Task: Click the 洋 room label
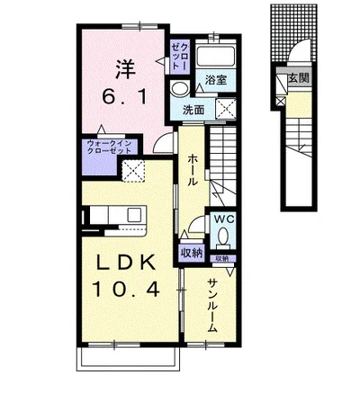125,69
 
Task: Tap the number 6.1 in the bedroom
125,96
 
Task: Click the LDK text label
125,263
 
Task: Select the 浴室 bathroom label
215,80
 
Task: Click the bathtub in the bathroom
216,56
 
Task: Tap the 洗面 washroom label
193,111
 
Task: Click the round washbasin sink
179,89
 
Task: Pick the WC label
223,219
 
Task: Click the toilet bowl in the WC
223,237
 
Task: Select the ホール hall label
193,171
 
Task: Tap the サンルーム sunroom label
212,305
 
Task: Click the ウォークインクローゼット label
109,147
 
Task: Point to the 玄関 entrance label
299,78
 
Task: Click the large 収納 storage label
192,254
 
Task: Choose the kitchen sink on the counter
134,215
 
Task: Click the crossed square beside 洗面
226,108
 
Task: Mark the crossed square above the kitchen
133,171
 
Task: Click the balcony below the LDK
128,360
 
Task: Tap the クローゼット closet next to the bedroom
179,57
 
